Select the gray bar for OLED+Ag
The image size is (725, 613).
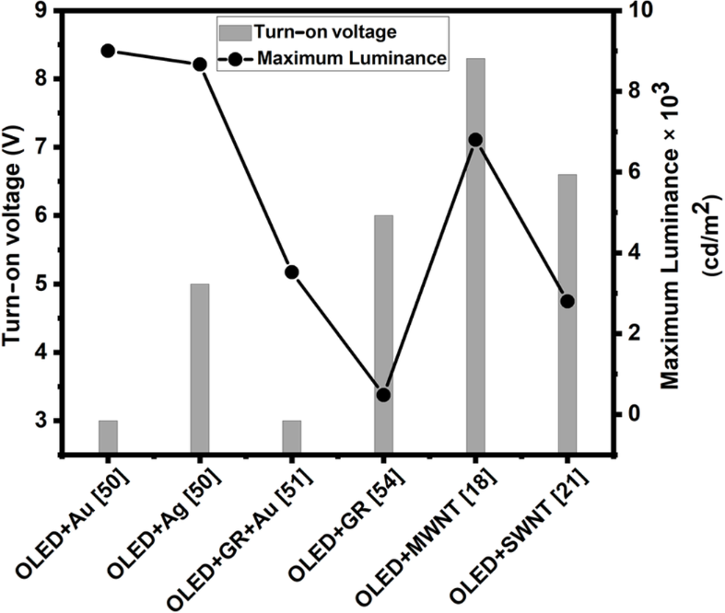point(199,368)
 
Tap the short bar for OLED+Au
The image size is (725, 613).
point(108,436)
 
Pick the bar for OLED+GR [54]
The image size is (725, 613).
point(383,333)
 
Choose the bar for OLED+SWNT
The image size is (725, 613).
point(567,313)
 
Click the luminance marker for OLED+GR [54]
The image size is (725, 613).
point(383,395)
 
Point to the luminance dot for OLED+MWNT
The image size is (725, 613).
point(475,140)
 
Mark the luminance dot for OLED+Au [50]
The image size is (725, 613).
point(108,51)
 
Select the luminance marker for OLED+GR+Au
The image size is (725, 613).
point(291,272)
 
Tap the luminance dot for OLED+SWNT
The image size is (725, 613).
point(567,301)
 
